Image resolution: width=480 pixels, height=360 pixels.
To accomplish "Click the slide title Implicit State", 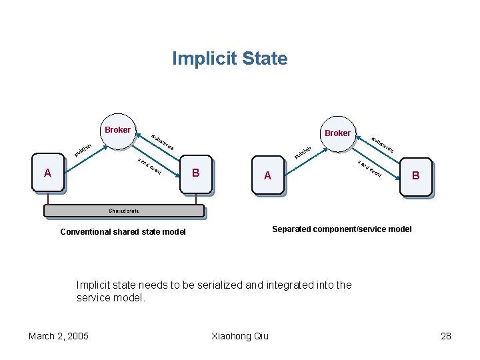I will [229, 59].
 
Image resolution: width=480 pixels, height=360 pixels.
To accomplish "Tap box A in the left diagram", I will [47, 174].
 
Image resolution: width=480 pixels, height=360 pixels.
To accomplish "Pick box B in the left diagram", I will [195, 174].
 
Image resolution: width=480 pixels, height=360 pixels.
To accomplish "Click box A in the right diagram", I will [267, 177].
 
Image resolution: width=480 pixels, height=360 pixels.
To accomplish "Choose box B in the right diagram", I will [415, 177].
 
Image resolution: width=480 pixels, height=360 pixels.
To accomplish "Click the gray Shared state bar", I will [123, 211].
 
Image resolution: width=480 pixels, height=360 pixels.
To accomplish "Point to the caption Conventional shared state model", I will [123, 232].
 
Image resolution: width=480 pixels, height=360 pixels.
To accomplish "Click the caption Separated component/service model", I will [341, 229].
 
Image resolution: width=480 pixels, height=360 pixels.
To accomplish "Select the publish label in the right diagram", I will [303, 152].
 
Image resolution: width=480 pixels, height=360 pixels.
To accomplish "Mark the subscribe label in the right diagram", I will [383, 144].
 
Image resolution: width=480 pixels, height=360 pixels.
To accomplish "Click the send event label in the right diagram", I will [369, 169].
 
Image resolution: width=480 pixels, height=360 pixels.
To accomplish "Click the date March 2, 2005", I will [59, 335].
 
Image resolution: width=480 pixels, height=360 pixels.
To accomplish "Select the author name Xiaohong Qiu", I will [239, 335].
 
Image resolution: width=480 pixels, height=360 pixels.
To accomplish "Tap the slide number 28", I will [446, 335].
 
